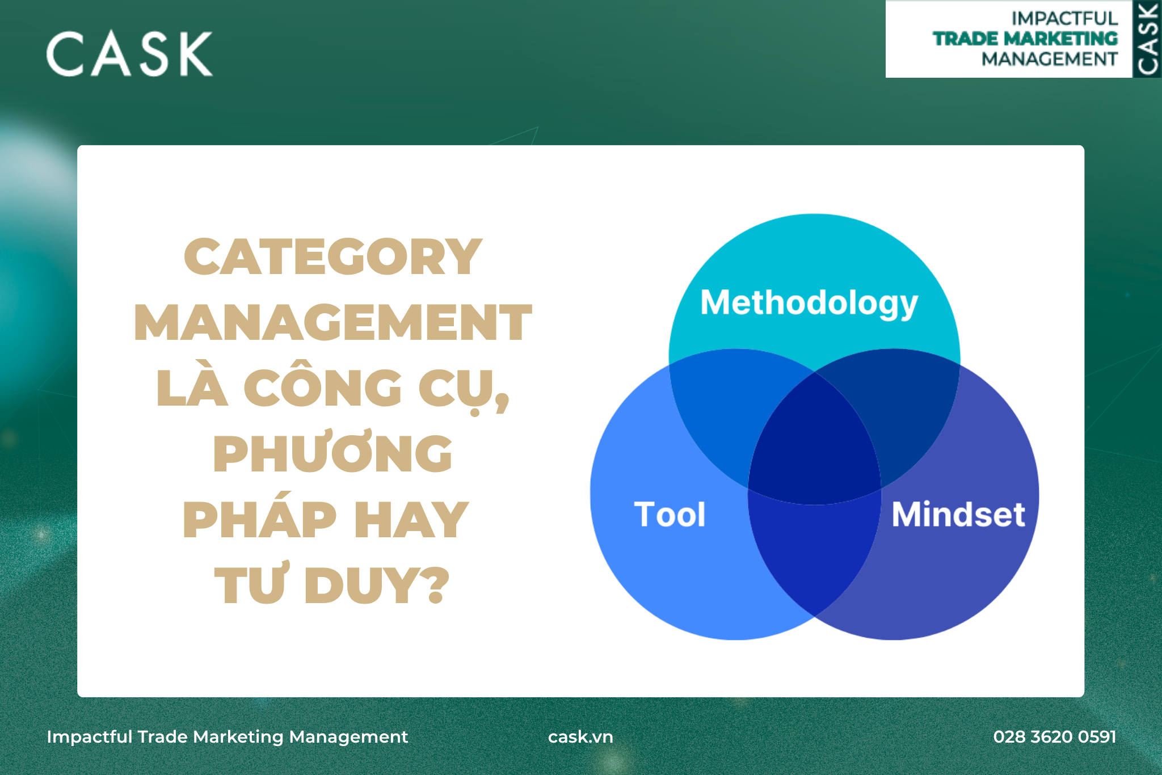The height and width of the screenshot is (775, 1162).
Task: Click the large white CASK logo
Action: [x=129, y=54]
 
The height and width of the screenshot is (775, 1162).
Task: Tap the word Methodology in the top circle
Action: [x=809, y=304]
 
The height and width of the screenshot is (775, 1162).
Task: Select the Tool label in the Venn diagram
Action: [x=670, y=515]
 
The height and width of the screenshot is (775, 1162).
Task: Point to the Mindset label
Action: [x=958, y=515]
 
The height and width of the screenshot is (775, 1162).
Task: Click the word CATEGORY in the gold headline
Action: [x=333, y=257]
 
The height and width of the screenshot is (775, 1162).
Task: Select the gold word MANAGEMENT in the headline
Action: [x=333, y=323]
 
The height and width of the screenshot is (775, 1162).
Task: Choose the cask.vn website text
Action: [x=580, y=736]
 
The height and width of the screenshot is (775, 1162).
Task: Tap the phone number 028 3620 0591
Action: [x=1055, y=736]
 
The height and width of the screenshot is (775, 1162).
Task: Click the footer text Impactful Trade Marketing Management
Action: [x=228, y=737]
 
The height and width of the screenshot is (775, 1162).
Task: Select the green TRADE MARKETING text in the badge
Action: [x=1025, y=39]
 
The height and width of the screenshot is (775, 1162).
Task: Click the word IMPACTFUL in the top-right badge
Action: [x=1064, y=18]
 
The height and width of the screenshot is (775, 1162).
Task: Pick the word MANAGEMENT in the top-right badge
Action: [x=1050, y=59]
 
